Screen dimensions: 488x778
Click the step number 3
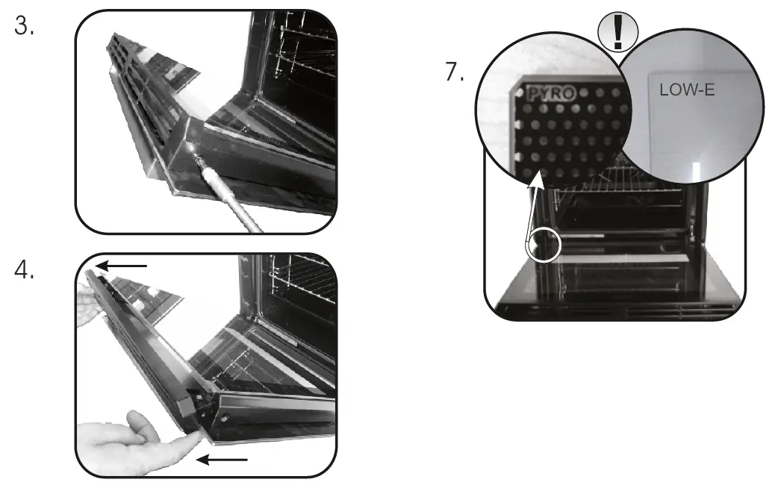(x=25, y=28)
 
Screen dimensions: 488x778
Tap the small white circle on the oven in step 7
(x=544, y=245)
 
